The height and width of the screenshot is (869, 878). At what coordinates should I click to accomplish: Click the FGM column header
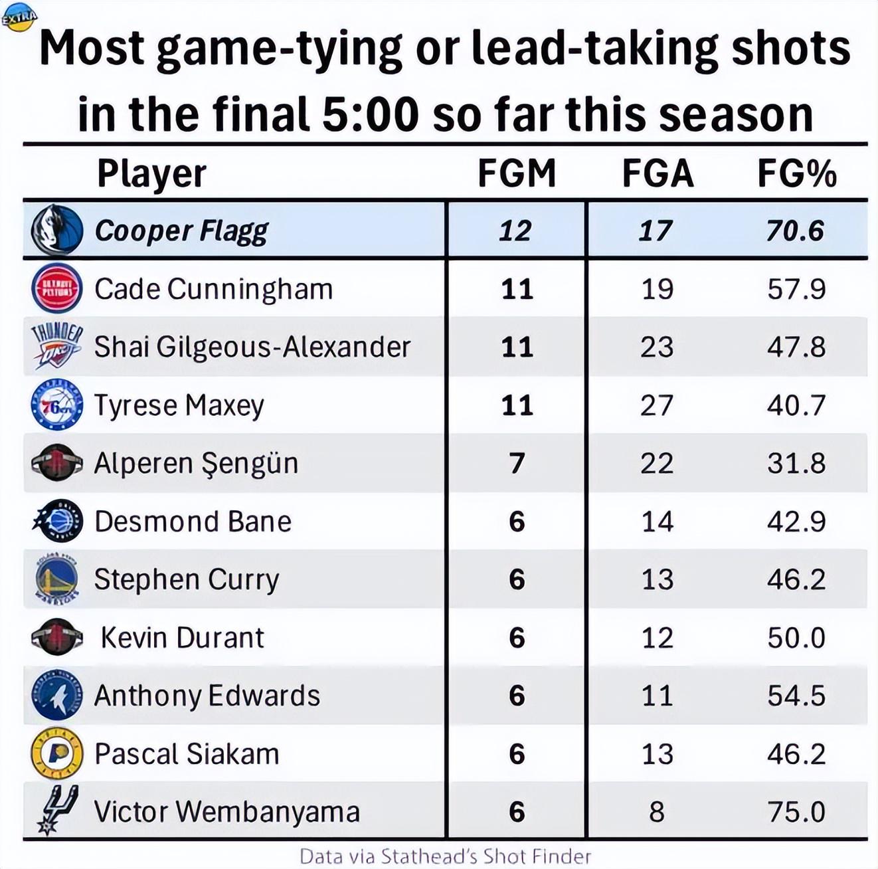[x=516, y=173]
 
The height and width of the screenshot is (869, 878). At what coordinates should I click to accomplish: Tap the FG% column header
[x=796, y=173]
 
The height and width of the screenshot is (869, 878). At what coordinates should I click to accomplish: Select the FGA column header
[x=657, y=173]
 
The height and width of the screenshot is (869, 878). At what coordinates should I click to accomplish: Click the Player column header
[x=151, y=173]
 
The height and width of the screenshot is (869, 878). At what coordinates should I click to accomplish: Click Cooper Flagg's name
[x=181, y=231]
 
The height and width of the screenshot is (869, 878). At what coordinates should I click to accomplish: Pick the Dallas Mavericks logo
[x=57, y=231]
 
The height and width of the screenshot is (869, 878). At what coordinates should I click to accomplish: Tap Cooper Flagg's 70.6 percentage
[x=795, y=231]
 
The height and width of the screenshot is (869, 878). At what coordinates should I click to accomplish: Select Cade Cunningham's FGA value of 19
[x=657, y=289]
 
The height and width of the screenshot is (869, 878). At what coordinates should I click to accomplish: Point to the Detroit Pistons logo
[x=57, y=289]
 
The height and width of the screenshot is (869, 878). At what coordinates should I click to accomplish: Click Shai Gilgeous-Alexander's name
[x=252, y=347]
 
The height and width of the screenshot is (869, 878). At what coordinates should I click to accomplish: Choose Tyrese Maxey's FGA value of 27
[x=657, y=405]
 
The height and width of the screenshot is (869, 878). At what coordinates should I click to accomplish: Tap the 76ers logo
[x=57, y=405]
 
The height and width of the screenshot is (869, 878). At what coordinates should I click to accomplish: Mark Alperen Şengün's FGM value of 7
[x=517, y=463]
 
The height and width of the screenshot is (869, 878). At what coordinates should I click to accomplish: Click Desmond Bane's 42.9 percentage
[x=796, y=522]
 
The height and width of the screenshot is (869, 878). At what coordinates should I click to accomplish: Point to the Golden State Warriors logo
[x=57, y=579]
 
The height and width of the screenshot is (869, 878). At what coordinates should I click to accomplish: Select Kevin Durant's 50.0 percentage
[x=796, y=638]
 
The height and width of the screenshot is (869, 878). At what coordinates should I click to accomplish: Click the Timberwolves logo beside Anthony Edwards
[x=57, y=696]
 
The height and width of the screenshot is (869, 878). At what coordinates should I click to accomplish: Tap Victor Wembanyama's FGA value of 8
[x=657, y=812]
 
